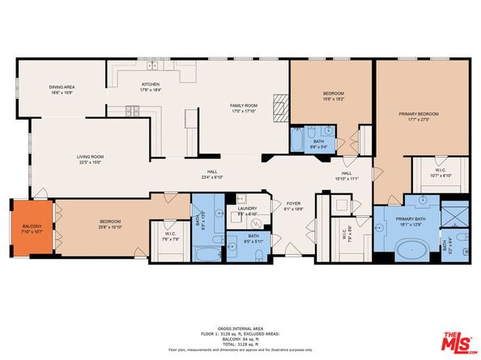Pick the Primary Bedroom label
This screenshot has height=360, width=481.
(x=418, y=114)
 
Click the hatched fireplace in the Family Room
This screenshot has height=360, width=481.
(x=281, y=106)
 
